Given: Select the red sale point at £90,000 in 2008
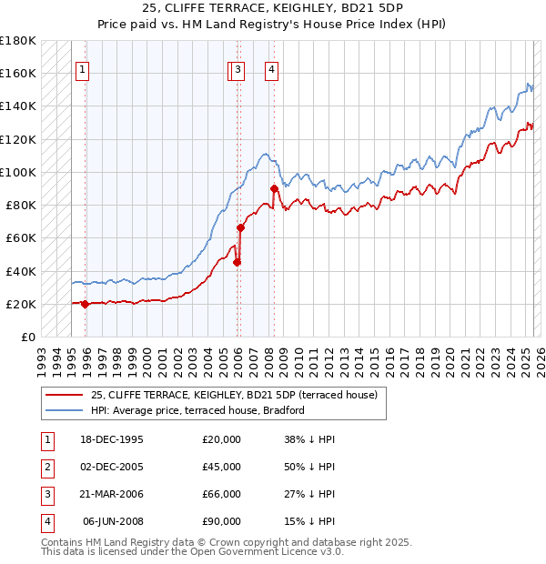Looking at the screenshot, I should coord(274,188).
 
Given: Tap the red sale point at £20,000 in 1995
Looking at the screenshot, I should coord(85,304).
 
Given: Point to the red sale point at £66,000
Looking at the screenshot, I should coord(241,227).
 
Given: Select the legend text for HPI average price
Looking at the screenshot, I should coord(197,410).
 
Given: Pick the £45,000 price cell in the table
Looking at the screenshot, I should coord(221,467).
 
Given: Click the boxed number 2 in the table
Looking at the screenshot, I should coord(45,467).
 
